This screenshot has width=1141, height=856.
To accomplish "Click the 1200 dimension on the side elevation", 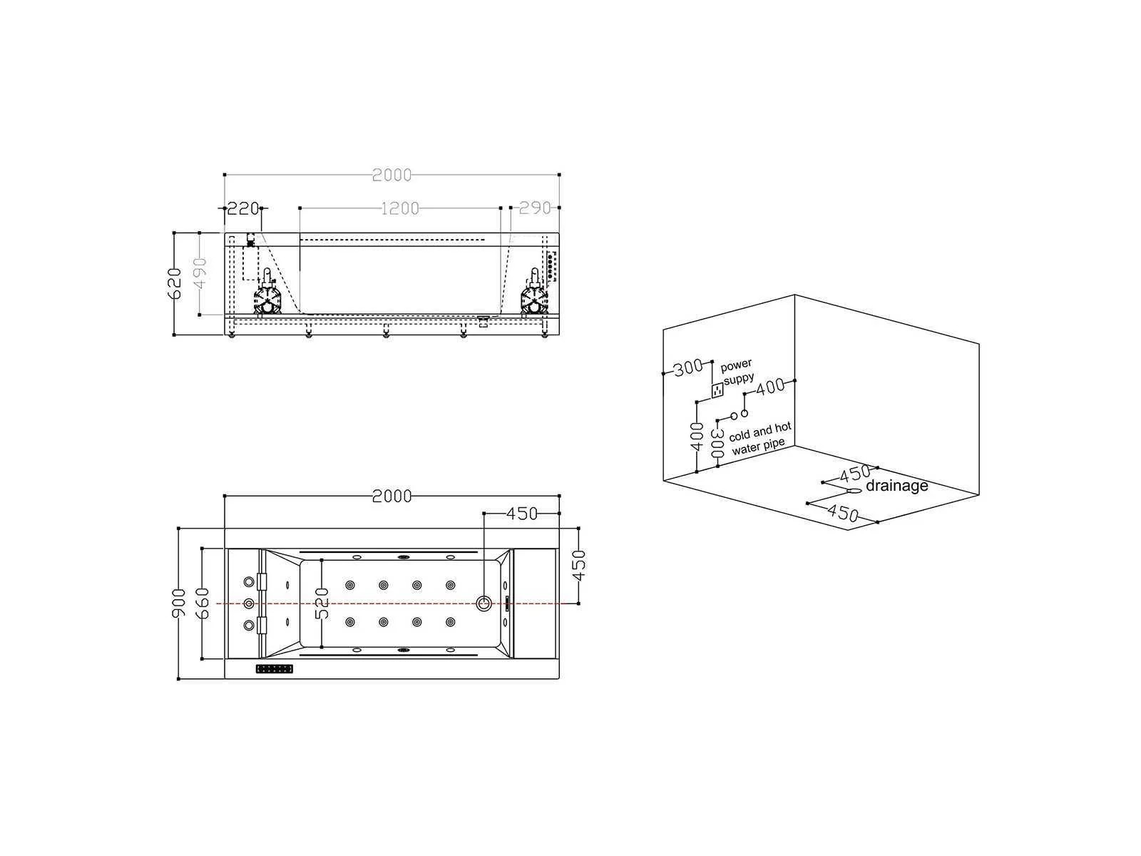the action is tap(399, 208).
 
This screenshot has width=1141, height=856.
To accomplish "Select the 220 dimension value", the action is tap(243, 208).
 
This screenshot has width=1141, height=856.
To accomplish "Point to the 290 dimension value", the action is tap(534, 208).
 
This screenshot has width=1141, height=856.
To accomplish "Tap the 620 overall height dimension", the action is tap(175, 283).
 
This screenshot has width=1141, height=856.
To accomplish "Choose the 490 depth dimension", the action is tap(200, 274).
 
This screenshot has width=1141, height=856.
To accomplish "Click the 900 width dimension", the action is tap(179, 603).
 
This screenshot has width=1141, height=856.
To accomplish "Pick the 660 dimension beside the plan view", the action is tap(203, 603).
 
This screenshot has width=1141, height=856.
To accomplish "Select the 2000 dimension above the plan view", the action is tap(392, 496).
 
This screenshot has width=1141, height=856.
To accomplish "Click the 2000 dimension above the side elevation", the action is tap(392, 175).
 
